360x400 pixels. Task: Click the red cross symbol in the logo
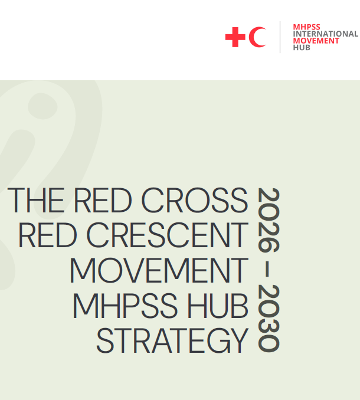click(235, 38)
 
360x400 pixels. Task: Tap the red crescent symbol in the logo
click(257, 38)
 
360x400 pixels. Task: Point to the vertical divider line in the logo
click(280, 37)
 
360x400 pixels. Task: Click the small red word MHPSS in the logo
click(306, 27)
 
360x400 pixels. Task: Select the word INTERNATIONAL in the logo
click(325, 34)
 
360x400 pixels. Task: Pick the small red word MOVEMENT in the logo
click(316, 41)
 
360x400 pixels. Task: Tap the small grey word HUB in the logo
click(302, 48)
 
